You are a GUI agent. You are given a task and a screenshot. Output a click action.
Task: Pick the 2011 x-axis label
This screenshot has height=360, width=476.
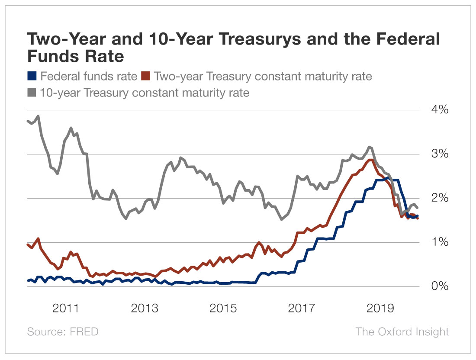pyautogui.click(x=65, y=309)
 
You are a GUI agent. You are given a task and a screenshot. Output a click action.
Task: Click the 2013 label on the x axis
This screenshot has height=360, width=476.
pyautogui.click(x=145, y=309)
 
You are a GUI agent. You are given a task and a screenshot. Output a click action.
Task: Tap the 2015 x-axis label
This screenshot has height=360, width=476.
pyautogui.click(x=223, y=309)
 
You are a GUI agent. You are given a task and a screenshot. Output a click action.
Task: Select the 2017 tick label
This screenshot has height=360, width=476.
pyautogui.click(x=302, y=309)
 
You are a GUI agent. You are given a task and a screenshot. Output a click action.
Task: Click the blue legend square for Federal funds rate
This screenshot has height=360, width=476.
pyautogui.click(x=32, y=77)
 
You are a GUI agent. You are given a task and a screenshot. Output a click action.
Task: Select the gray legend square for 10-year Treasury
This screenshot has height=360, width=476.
pyautogui.click(x=32, y=92)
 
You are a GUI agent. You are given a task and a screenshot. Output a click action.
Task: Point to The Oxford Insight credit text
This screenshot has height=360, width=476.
pyautogui.click(x=402, y=332)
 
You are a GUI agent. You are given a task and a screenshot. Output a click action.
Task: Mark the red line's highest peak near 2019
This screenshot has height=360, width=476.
pyautogui.click(x=370, y=160)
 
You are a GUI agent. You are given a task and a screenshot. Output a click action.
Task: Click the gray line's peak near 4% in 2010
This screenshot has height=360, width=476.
pyautogui.click(x=38, y=116)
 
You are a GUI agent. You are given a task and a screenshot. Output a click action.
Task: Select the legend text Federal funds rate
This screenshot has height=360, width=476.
pyautogui.click(x=88, y=77)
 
